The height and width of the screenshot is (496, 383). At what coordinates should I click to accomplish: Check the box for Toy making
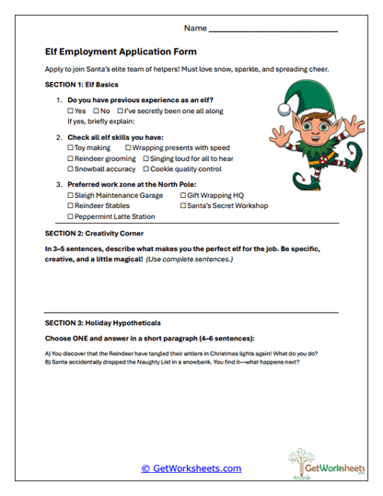71,147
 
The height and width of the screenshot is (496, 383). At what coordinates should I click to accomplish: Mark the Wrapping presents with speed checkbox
124,147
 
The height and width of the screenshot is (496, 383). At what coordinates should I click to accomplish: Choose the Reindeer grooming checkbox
71,158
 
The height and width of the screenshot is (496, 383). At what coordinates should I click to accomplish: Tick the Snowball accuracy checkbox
71,169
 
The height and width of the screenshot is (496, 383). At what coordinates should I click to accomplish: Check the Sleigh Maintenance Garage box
71,196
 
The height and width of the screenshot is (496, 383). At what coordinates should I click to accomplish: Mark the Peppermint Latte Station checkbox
71,218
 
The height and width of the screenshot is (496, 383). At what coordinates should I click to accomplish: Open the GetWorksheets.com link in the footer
191,467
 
